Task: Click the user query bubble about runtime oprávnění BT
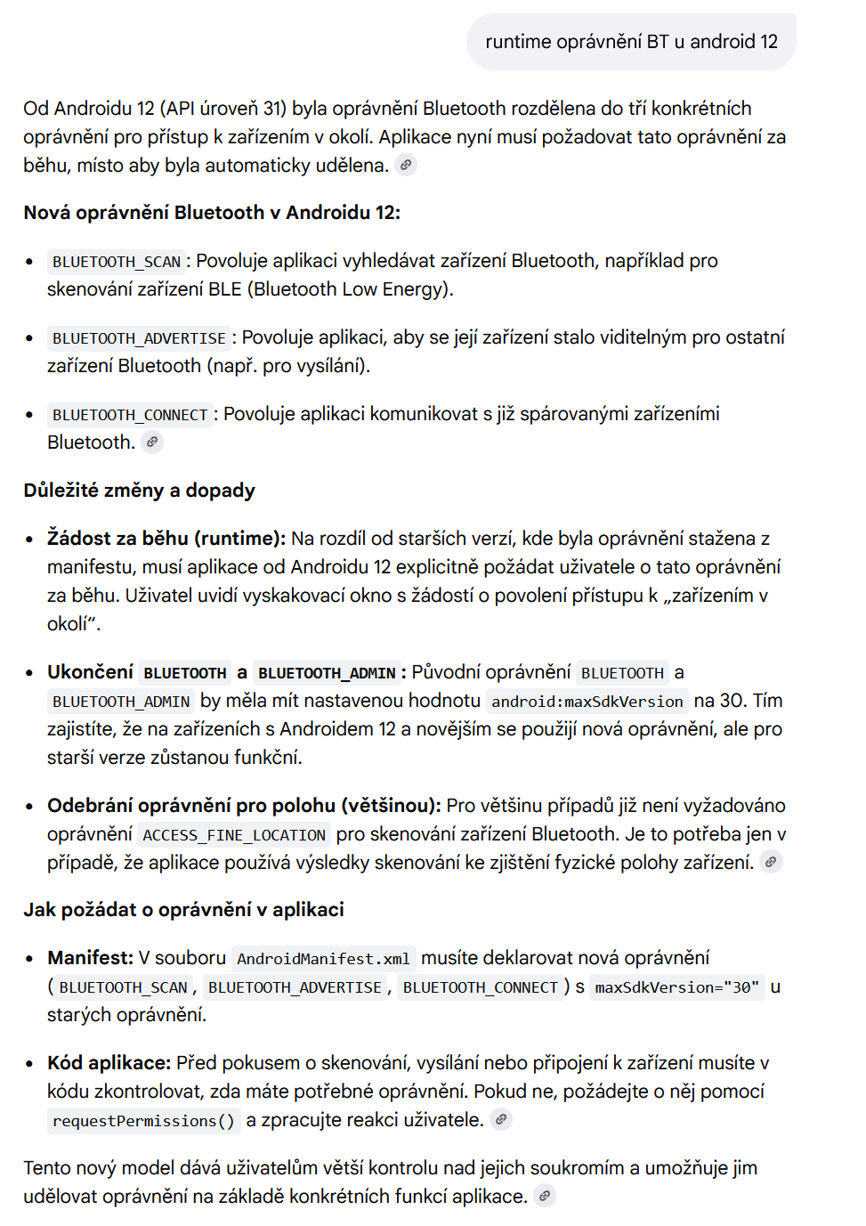631,42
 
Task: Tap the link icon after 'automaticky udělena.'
406,165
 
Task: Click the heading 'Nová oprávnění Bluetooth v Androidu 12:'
212,213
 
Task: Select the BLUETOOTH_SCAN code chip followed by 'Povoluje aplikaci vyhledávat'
117,262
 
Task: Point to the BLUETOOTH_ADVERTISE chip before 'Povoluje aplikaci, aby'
139,338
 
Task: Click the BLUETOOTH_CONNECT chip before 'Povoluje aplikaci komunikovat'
130,415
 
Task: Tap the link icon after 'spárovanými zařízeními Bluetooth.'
152,442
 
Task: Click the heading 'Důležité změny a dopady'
139,491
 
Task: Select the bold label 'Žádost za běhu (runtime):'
166,539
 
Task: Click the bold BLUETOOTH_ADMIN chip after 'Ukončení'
327,673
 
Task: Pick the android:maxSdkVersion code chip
587,702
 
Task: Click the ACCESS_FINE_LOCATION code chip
234,835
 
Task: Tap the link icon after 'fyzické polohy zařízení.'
771,862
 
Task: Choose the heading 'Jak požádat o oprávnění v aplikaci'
183,910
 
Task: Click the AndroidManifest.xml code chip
323,959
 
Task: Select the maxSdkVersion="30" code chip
677,987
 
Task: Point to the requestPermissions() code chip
143,1121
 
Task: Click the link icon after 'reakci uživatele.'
501,1120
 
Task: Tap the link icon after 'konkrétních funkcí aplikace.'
545,1197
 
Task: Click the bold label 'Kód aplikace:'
109,1063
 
